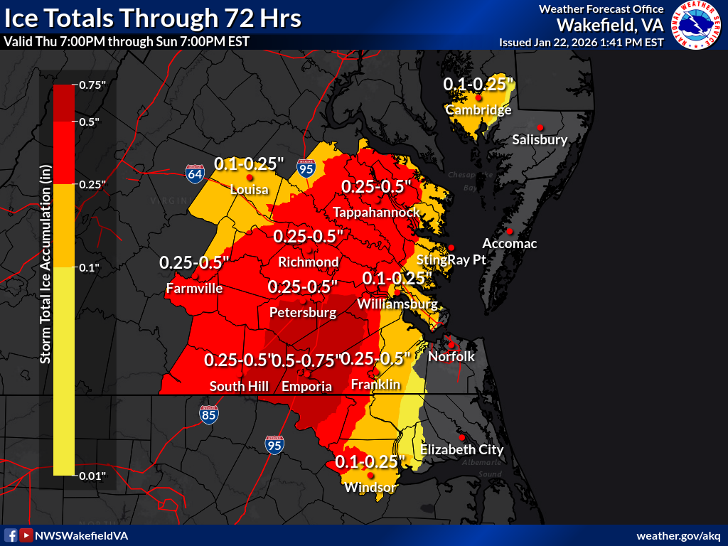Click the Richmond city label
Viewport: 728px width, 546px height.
click(308, 262)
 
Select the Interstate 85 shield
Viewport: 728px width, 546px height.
click(208, 414)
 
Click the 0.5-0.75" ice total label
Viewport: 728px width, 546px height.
click(306, 360)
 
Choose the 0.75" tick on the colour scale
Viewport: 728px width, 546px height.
click(92, 85)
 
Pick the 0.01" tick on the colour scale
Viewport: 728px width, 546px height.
click(92, 475)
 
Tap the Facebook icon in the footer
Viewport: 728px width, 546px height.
click(11, 535)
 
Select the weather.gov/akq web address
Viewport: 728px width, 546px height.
click(678, 535)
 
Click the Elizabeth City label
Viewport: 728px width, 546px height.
click(461, 449)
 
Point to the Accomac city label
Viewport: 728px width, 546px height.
click(509, 244)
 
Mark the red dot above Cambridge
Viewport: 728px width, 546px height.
click(479, 98)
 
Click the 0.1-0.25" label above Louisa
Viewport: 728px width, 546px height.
click(249, 164)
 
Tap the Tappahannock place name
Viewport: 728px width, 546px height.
click(376, 213)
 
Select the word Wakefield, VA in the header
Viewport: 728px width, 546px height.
click(610, 25)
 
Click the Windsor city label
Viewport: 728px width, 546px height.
click(370, 488)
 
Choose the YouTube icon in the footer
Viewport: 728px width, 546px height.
click(26, 535)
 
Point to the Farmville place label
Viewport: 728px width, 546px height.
click(194, 289)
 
